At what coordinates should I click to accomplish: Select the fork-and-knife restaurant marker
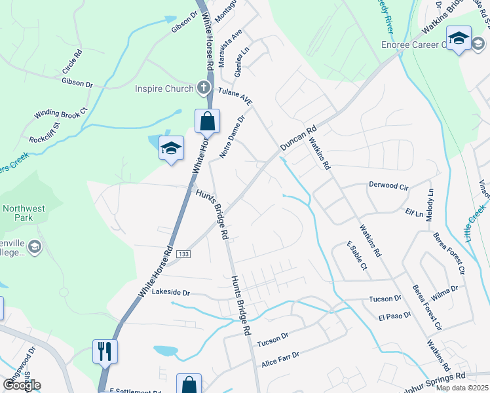click(105, 351)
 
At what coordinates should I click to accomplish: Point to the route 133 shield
click(187, 253)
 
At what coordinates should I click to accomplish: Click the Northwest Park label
click(24, 214)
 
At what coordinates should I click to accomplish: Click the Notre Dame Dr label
click(232, 138)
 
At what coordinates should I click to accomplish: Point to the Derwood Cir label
click(389, 186)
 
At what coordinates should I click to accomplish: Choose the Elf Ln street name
click(414, 213)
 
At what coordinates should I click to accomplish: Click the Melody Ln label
click(430, 205)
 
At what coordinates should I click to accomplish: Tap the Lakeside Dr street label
click(170, 293)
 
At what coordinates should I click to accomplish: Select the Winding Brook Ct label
click(61, 113)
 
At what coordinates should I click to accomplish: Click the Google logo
click(22, 385)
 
